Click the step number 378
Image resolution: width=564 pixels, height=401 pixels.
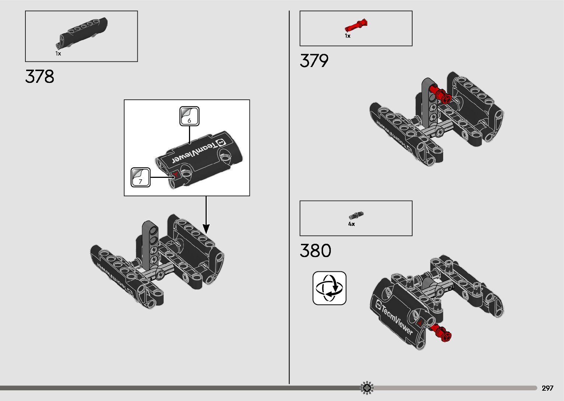[x=40, y=77]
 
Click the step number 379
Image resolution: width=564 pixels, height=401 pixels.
[x=314, y=61]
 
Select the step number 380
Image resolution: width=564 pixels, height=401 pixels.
[x=315, y=251]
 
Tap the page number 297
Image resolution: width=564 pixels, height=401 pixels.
[x=547, y=388]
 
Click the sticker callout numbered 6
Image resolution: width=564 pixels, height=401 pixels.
[x=189, y=116]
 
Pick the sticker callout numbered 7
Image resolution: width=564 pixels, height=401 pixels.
[x=141, y=177]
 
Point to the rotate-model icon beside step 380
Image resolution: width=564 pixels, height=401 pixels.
[x=329, y=288]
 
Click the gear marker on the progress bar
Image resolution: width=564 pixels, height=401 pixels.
[x=367, y=388]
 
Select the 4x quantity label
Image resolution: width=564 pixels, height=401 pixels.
[x=351, y=224]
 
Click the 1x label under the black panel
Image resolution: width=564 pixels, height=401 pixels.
[x=58, y=54]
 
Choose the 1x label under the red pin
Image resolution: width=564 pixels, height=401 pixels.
[x=347, y=36]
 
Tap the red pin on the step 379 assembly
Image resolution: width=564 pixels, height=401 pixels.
[x=441, y=94]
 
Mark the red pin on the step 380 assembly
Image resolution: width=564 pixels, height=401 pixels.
[x=441, y=332]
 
